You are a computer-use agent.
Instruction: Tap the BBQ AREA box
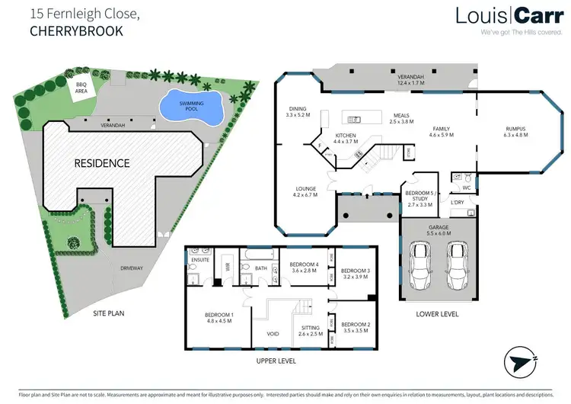(81, 90)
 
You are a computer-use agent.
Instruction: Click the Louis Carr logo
(505, 16)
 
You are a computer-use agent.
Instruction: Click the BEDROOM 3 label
(355, 271)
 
